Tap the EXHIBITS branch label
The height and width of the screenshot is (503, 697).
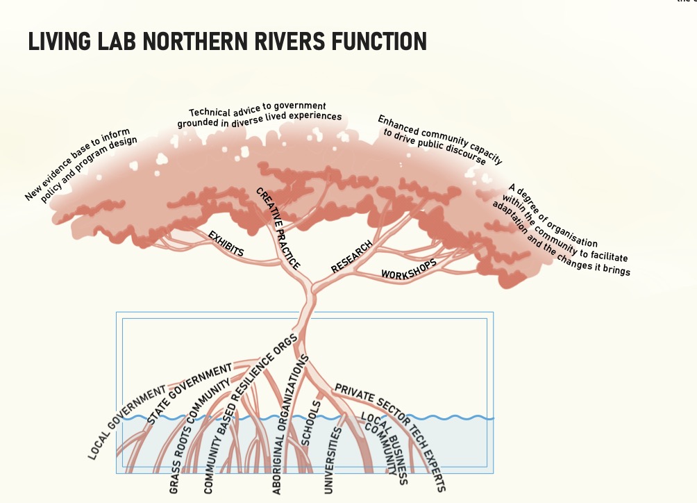point(226,243)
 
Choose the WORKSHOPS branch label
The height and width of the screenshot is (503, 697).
point(409,270)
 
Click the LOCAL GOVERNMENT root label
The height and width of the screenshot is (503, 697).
point(127,422)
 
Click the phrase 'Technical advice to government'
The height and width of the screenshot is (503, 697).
point(258,109)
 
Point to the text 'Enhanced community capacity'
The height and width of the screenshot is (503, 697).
point(440,139)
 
